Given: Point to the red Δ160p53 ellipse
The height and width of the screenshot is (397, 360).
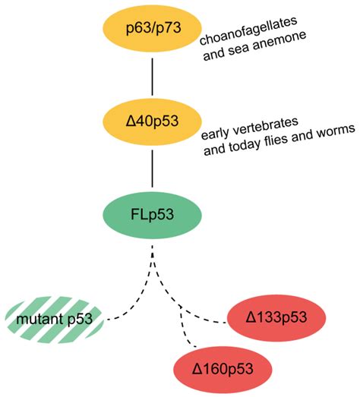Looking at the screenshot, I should coord(222,370).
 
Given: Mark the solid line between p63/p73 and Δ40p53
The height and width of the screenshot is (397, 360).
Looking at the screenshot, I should coord(154,76).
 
